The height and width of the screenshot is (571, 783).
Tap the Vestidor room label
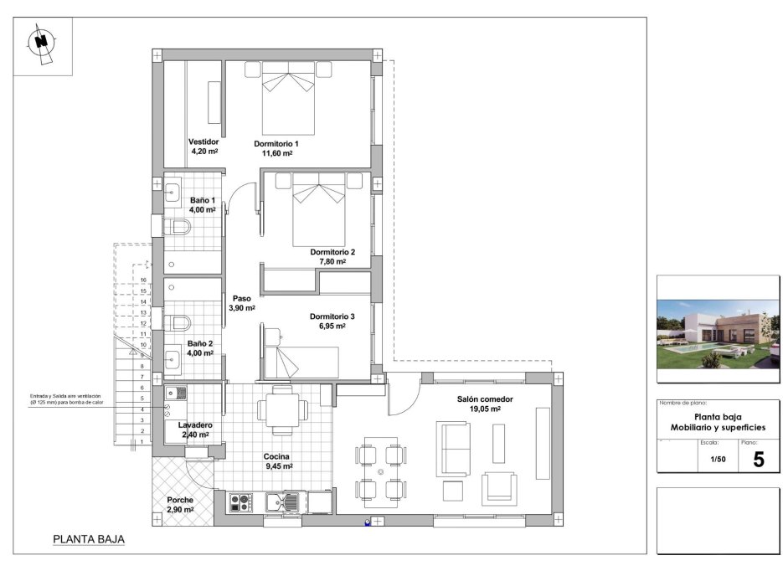(x=203, y=141)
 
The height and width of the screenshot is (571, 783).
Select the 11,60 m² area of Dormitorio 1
(x=276, y=153)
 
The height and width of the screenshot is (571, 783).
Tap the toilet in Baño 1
(x=177, y=227)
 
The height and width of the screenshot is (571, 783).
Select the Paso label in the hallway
(x=242, y=298)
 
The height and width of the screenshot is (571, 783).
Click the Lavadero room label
(x=194, y=425)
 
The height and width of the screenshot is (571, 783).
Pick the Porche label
(x=180, y=500)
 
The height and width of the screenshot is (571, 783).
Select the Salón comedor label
(x=485, y=399)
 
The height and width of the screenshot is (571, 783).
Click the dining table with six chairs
(x=380, y=473)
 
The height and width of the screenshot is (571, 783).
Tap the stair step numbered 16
(x=144, y=280)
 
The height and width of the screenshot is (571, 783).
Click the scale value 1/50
(x=719, y=459)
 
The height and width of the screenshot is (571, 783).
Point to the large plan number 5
(x=759, y=459)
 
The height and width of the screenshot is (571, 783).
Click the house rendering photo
(x=718, y=334)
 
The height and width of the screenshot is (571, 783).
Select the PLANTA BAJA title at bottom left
(x=89, y=540)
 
